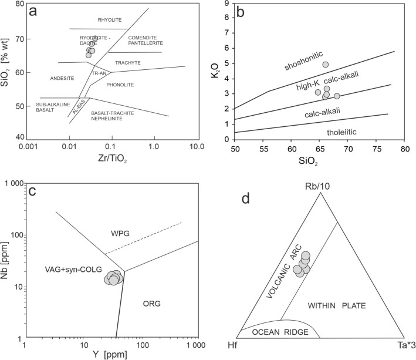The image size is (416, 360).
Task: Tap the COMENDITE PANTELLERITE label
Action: point(145,41)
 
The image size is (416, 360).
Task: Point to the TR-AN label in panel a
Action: point(98,73)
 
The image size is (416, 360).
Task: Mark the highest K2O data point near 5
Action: point(326,65)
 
